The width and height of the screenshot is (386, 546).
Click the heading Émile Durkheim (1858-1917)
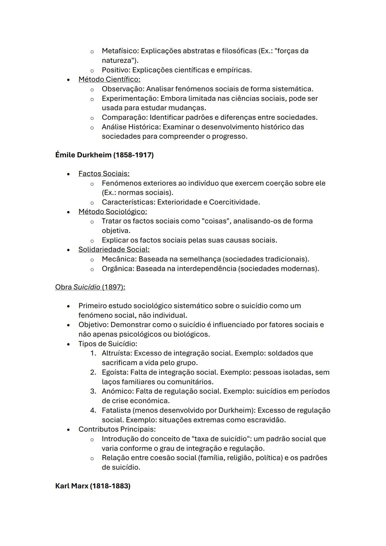104,155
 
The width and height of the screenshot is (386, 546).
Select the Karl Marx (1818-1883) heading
93,486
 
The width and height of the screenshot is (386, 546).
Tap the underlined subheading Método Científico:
109,79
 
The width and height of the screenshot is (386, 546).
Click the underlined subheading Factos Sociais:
104,174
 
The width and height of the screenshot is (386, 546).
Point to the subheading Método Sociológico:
113,212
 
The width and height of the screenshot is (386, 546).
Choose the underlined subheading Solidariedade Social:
114,250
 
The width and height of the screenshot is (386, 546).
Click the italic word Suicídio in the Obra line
86,287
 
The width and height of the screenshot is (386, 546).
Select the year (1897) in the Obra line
113,287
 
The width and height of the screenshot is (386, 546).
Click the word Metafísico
119,51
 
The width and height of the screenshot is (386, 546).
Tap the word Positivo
116,70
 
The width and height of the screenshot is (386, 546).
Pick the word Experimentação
130,98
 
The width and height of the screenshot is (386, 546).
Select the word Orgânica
117,269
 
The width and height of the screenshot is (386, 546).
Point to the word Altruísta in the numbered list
117,353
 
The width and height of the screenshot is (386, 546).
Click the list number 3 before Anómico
93,391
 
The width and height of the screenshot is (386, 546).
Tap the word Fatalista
116,410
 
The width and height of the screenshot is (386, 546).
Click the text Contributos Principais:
117,429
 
